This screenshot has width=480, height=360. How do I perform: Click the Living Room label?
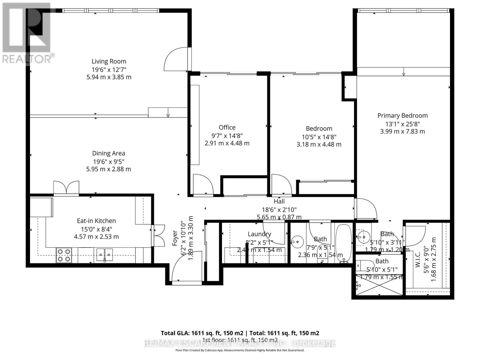(109, 61)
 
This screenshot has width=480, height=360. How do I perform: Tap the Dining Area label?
(108, 153)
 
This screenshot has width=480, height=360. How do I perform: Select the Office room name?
(227, 127)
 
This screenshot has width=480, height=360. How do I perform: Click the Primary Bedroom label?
(402, 115)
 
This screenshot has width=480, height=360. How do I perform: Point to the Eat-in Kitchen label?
(96, 221)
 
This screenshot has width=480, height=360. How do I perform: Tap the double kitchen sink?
(104, 255)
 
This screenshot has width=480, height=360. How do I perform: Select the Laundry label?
(259, 234)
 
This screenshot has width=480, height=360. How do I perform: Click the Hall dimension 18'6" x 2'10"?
(279, 210)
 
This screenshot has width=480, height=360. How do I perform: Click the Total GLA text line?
(240, 333)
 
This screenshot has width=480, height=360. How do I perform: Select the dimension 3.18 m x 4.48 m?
(319, 144)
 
